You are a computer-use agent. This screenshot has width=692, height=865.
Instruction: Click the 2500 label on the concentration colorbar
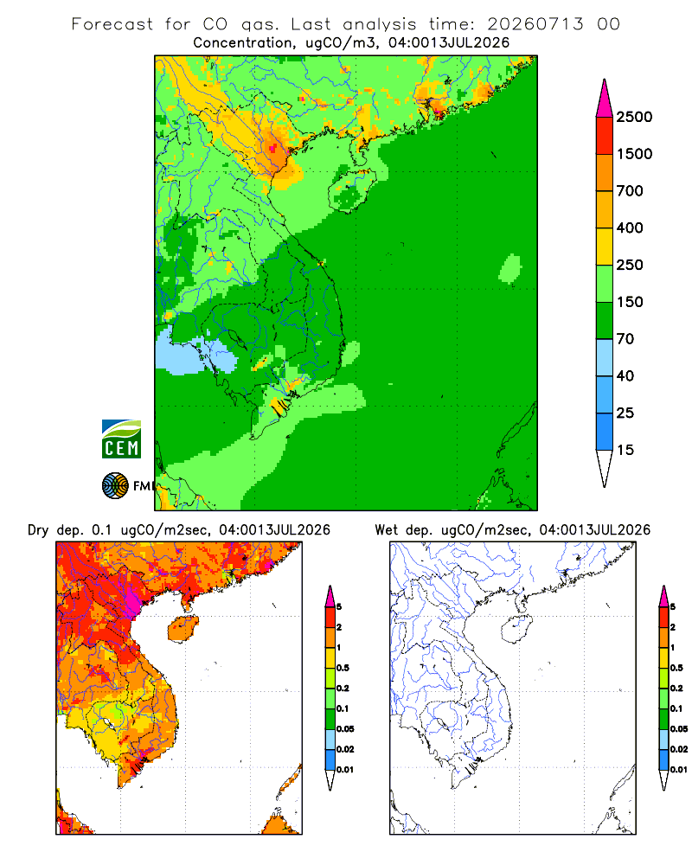point(634,117)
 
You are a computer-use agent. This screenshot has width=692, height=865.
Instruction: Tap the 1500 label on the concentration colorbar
point(634,154)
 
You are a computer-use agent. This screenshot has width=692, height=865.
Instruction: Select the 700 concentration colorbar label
point(630,191)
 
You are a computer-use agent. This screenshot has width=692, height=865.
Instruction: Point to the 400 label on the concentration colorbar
point(630,227)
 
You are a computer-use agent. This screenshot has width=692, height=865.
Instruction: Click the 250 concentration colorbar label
point(630,265)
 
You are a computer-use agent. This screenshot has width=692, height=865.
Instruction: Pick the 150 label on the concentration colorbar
point(630,302)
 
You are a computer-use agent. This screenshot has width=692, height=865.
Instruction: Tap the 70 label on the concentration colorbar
point(625,339)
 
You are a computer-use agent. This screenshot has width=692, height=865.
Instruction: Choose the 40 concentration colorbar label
point(625,375)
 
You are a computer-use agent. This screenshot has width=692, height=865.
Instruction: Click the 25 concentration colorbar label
point(625,413)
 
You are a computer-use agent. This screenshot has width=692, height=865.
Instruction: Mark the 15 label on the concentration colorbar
point(625,450)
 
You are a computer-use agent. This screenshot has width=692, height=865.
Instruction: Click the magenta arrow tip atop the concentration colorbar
point(605,80)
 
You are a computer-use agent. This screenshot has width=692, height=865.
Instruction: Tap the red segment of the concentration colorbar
point(605,136)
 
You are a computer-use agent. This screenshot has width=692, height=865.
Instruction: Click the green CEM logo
point(121,439)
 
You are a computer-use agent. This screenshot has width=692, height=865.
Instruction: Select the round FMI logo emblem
point(115,486)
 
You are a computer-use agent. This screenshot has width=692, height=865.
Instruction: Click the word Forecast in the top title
point(112,24)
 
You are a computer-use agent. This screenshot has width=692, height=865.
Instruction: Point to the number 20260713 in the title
point(535,24)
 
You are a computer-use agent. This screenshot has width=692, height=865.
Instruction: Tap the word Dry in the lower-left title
point(38,530)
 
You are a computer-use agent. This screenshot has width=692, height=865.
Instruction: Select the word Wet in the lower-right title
point(386,530)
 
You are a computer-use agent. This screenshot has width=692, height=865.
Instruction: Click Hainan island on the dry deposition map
point(183,628)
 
